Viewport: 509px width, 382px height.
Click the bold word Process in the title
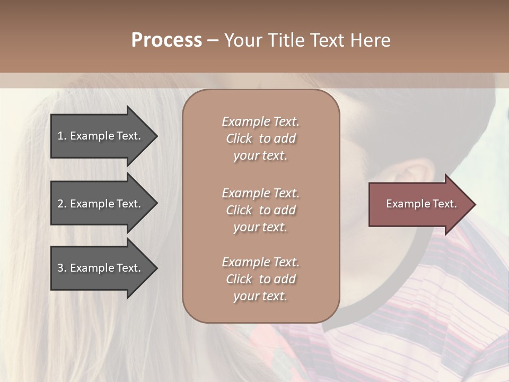click(x=166, y=40)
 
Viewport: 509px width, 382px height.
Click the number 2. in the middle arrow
click(x=62, y=204)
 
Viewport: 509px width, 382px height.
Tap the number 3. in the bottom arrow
click(x=62, y=268)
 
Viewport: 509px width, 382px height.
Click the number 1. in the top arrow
click(x=62, y=136)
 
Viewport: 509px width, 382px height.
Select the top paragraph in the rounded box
click(x=260, y=138)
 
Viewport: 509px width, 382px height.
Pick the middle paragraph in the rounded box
click(x=260, y=210)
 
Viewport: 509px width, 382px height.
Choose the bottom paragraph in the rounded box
click(x=260, y=279)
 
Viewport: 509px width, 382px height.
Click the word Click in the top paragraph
click(x=239, y=138)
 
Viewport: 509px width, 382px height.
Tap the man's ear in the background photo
click(x=411, y=178)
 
